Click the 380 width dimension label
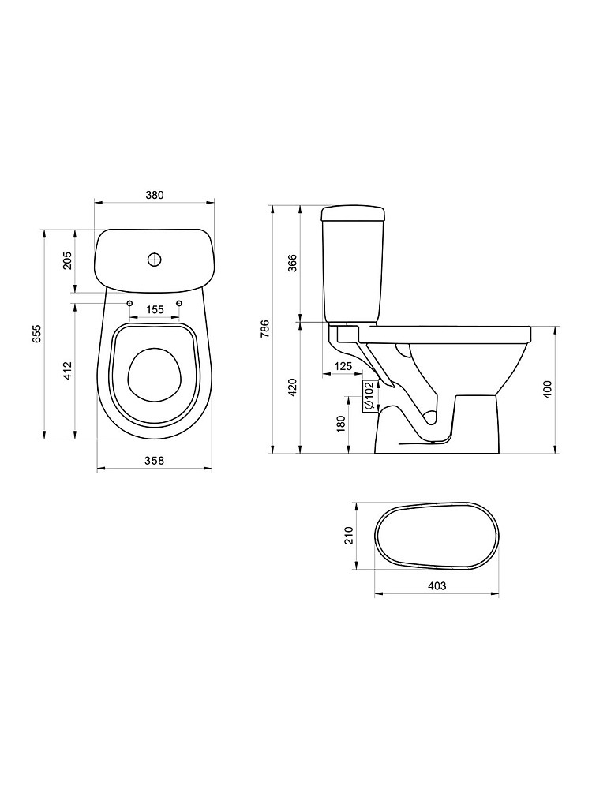click(x=155, y=195)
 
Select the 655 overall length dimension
click(x=36, y=334)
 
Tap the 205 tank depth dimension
click(x=67, y=260)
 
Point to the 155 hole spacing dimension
click(x=155, y=309)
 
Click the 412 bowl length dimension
click(x=67, y=371)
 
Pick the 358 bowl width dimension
click(x=155, y=460)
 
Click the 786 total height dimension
click(x=265, y=329)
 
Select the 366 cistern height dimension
click(x=293, y=264)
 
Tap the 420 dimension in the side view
click(x=293, y=387)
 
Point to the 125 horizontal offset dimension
click(x=343, y=366)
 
